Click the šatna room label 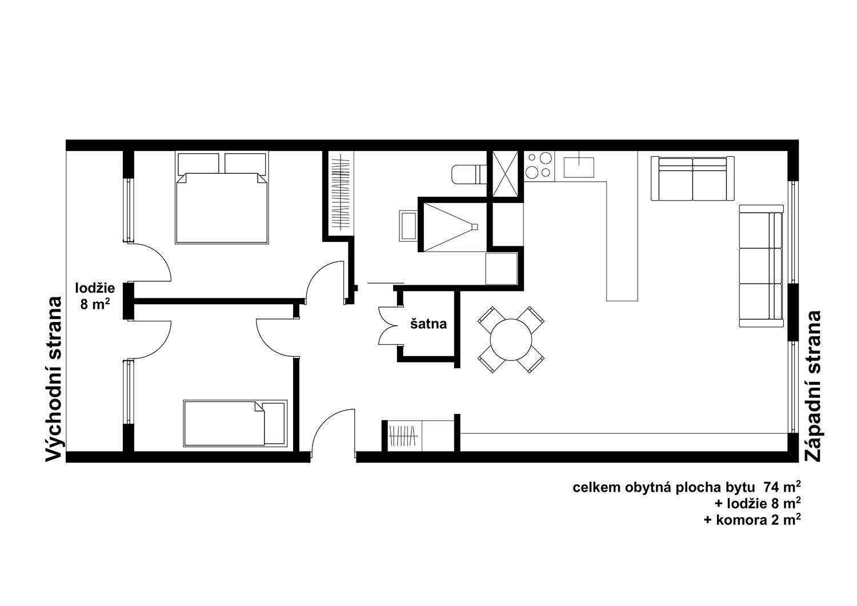[x=428, y=324]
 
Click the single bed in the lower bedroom [x=235, y=423]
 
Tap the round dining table [x=510, y=339]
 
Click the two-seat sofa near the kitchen [x=692, y=178]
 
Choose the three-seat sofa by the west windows [x=761, y=266]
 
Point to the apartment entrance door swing [x=333, y=430]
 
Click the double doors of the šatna [x=388, y=325]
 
